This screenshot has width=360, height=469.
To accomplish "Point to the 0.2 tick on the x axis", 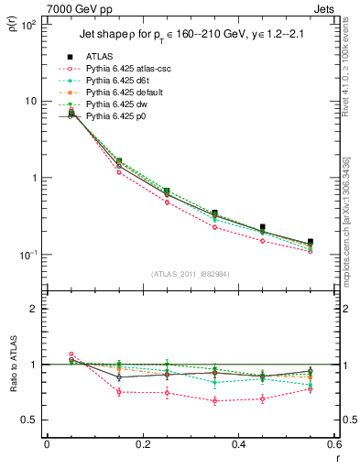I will click(142, 446).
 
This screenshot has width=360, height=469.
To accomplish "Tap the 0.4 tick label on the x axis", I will click(238, 446).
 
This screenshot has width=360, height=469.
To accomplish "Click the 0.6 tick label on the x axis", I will click(333, 446).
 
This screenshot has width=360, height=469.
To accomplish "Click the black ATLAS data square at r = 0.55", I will click(311, 242).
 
